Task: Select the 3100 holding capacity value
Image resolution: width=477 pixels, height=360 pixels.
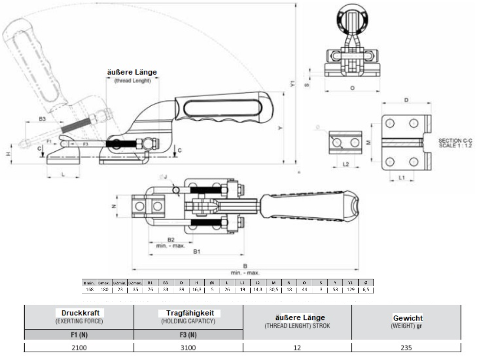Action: [188, 347]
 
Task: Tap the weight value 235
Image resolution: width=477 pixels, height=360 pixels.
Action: [406, 347]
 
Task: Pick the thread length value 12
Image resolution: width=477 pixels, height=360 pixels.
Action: [297, 347]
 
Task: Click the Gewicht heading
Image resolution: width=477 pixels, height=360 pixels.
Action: [406, 318]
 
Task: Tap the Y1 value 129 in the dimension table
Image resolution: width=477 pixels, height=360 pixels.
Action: [351, 290]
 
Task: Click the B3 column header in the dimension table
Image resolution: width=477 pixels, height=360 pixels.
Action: [166, 283]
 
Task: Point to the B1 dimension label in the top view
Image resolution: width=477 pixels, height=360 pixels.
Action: [196, 252]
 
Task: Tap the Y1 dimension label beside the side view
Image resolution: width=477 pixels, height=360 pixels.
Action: [292, 83]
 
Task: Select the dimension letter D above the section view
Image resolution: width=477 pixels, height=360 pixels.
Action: [406, 99]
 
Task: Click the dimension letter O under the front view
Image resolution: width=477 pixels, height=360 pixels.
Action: [352, 88]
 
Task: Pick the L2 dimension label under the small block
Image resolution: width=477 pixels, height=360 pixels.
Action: [346, 164]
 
